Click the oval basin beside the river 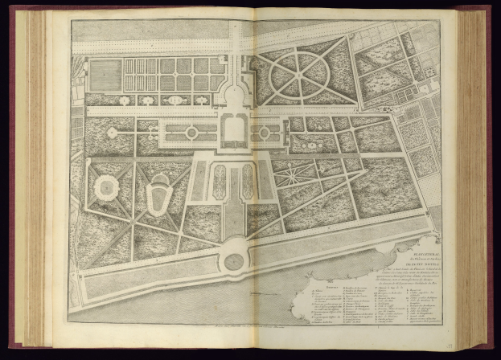[x=234, y=261]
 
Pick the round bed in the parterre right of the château [x=265, y=131]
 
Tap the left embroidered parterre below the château [x=220, y=181]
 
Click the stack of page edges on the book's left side [x=34, y=177]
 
